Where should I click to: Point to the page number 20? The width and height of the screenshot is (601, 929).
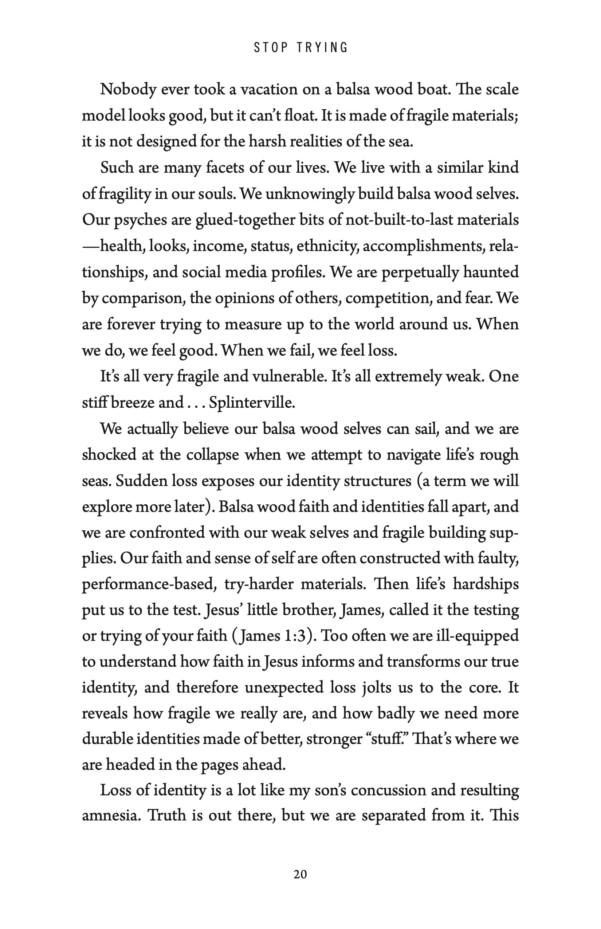click(x=300, y=874)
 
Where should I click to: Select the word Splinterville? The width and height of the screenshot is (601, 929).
click(x=252, y=403)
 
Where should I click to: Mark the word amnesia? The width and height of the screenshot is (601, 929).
click(x=111, y=816)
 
